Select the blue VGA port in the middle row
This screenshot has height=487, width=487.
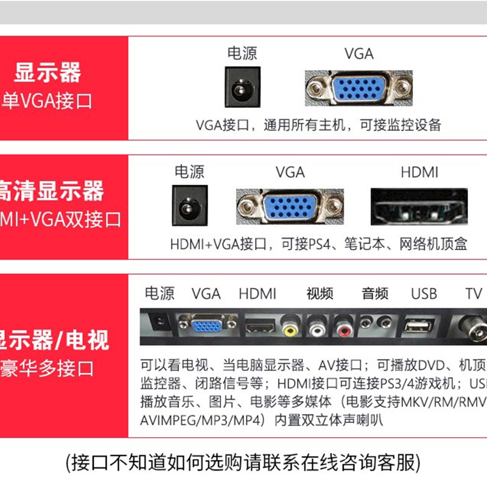point(290,207)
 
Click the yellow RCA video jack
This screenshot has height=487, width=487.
point(291,329)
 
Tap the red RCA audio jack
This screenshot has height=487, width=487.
point(345,329)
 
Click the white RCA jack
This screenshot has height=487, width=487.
point(318,329)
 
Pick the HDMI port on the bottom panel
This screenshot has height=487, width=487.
point(261,327)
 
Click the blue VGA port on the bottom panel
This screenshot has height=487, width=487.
point(206,326)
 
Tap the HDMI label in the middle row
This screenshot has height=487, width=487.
point(419,172)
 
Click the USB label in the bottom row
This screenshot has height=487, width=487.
point(424,294)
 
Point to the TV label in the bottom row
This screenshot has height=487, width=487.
point(474,294)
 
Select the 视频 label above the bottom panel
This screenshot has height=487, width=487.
point(320,294)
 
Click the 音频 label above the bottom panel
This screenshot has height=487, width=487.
point(374,294)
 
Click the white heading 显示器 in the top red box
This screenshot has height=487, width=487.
point(47,74)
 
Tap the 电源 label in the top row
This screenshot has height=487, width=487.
point(242,54)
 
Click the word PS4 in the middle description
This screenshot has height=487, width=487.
point(317,245)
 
